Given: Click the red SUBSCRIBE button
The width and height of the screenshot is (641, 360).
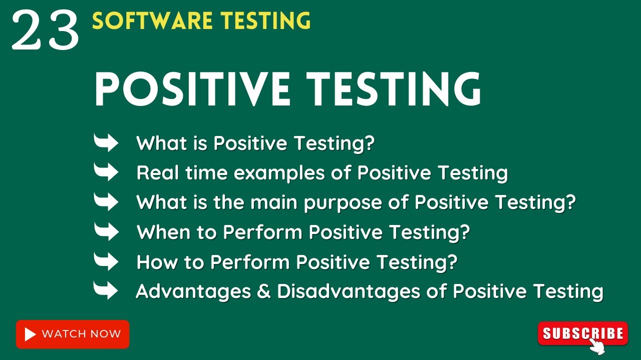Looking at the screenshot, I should tap(582, 333).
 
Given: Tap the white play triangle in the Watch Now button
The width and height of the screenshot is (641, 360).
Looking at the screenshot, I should tap(30, 334).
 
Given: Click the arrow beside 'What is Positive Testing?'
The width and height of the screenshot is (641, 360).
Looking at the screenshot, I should tap(106, 143).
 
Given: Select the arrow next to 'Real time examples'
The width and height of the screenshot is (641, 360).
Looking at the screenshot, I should tap(106, 172).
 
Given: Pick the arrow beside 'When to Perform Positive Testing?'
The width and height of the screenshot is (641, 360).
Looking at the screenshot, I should tap(106, 231).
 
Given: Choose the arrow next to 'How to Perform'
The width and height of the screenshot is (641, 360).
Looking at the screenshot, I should tap(106, 261).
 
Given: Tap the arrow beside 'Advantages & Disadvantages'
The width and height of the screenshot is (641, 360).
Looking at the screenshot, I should tap(106, 290).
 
